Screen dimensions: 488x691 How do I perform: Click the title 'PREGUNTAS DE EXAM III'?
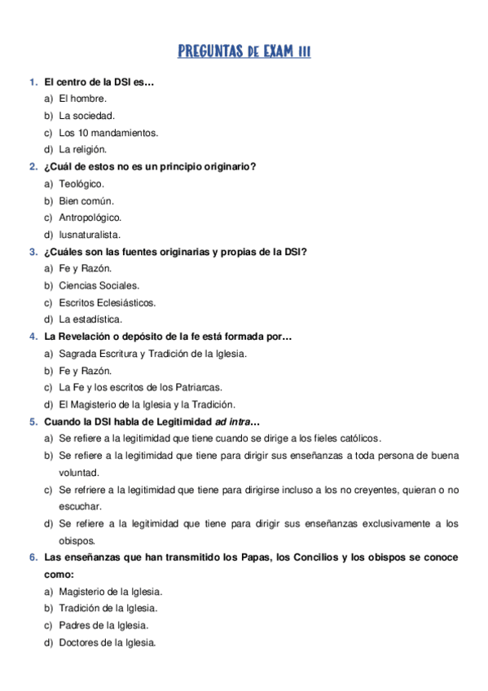(244, 52)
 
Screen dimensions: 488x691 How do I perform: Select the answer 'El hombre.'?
(82, 99)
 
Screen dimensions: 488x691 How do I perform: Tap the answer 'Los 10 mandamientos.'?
(108, 133)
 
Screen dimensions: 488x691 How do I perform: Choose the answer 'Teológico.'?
(81, 183)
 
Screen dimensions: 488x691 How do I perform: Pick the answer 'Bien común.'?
(86, 200)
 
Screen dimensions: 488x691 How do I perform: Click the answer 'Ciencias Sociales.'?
(99, 285)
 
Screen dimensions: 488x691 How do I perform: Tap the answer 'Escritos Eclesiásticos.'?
(107, 302)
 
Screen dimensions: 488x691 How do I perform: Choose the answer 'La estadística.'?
(90, 319)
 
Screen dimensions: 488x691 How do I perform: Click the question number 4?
(33, 337)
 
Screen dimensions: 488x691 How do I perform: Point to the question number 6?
(33, 557)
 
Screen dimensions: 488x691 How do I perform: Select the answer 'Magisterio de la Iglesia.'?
(110, 591)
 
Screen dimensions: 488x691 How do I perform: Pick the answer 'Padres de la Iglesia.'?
(103, 625)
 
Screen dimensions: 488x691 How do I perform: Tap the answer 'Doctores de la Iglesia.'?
(107, 642)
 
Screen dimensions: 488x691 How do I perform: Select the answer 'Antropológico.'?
(90, 218)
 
